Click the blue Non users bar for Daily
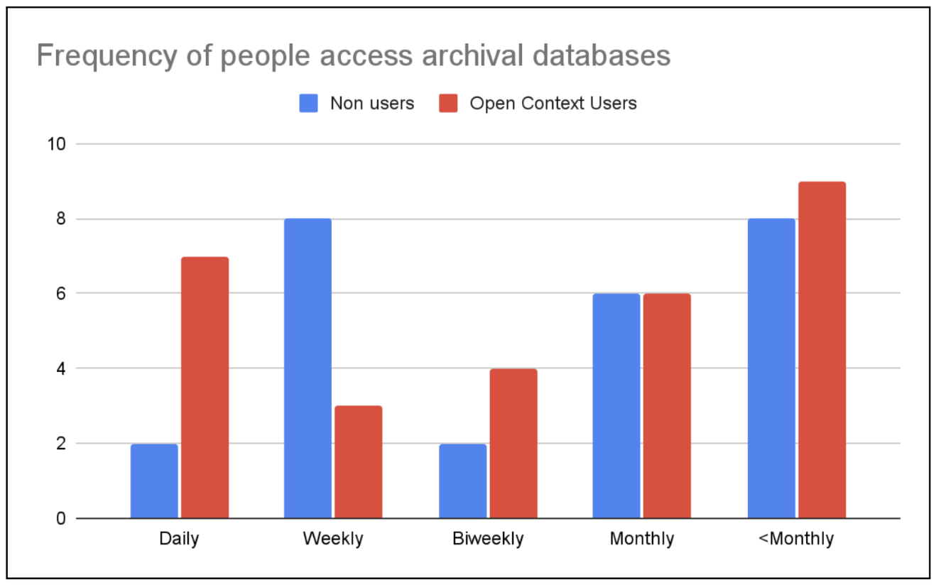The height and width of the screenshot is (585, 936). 154,481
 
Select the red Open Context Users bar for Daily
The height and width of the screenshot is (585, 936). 205,388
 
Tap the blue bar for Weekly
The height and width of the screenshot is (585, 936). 308,368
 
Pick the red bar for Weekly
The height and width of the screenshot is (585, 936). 358,462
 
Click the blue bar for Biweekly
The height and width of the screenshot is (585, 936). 462,481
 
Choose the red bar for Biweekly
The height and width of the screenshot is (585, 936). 513,444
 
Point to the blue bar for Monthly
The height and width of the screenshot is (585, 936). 616,406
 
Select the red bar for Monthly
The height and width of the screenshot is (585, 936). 667,406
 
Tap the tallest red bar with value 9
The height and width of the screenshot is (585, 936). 822,350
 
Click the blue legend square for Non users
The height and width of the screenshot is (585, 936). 309,104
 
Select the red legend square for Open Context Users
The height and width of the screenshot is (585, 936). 448,104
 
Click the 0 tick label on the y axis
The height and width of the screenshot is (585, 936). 60,519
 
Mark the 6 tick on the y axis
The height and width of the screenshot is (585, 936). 60,294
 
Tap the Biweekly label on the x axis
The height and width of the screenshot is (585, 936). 487,539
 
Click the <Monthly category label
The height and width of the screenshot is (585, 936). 795,539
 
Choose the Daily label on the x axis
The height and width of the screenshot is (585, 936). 179,539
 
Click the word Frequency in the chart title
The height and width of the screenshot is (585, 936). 104,55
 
